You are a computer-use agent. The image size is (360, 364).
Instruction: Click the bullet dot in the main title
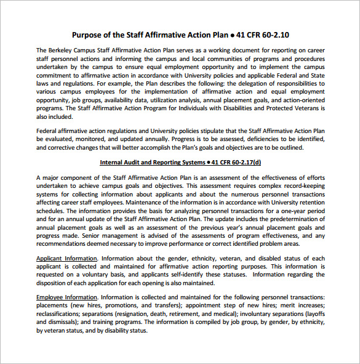(233, 35)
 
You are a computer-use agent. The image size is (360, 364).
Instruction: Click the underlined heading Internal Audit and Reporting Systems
(151, 163)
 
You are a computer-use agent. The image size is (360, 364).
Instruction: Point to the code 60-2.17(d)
(242, 163)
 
